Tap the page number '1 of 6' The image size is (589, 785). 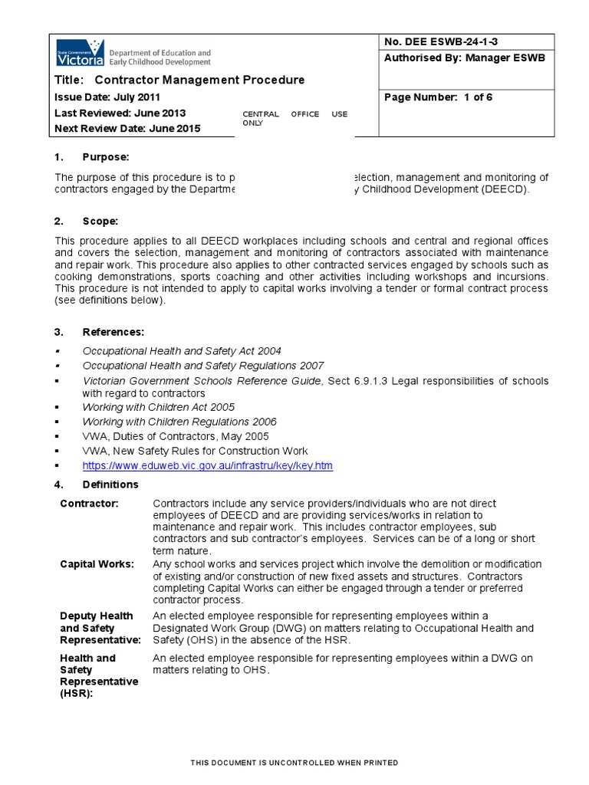pos(437,97)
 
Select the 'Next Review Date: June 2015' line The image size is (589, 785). pos(128,129)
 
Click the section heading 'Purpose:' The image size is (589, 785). pos(106,157)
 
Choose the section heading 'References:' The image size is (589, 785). pos(113,332)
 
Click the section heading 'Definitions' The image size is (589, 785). pos(110,484)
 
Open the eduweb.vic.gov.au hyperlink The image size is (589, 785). pos(207,466)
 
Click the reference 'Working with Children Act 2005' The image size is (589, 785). pos(159,407)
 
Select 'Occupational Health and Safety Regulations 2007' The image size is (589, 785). pos(203,366)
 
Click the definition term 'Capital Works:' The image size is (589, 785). pos(97,564)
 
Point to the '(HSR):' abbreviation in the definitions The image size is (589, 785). pos(77,694)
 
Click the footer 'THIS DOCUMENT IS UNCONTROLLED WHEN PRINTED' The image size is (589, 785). pos(294,763)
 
